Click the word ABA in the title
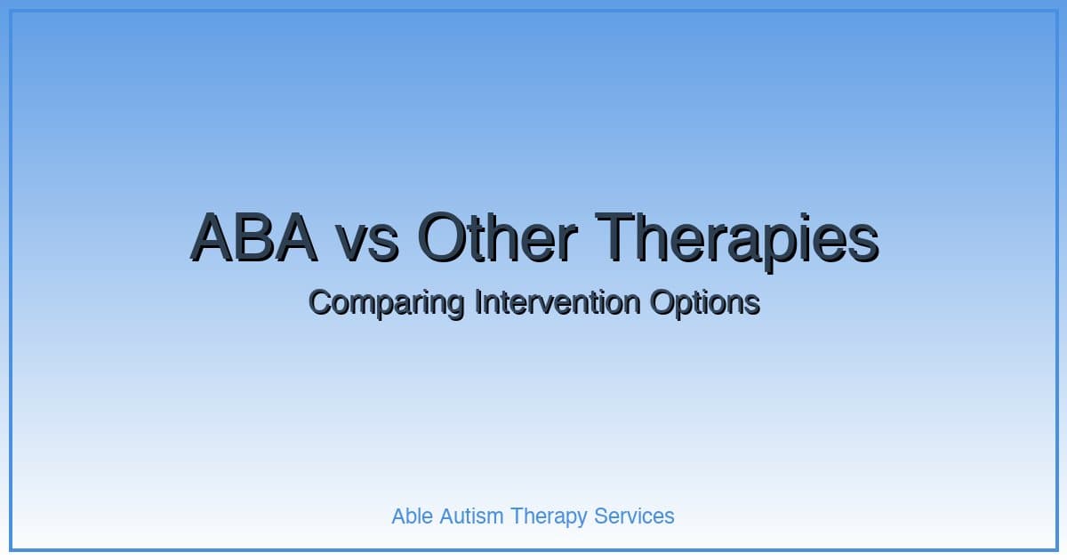[253, 237]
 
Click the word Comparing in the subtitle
[385, 303]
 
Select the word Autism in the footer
[471, 516]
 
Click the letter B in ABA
[253, 237]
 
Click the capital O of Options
[662, 302]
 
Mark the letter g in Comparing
[454, 306]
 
